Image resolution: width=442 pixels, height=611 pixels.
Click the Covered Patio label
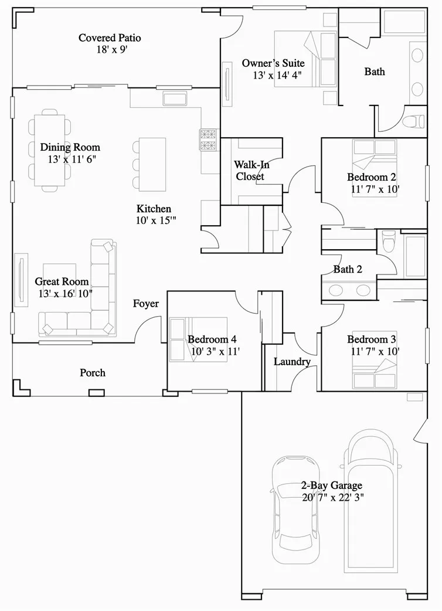(110, 38)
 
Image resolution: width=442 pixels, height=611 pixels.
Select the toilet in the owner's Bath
(414, 121)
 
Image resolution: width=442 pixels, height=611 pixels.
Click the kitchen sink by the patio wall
(174, 98)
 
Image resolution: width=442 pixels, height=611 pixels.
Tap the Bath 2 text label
(348, 269)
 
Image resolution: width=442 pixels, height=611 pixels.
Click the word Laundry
(292, 361)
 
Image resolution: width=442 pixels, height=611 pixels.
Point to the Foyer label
(145, 304)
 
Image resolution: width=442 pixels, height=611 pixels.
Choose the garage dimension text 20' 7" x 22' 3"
(332, 498)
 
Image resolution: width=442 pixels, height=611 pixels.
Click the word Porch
(93, 372)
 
